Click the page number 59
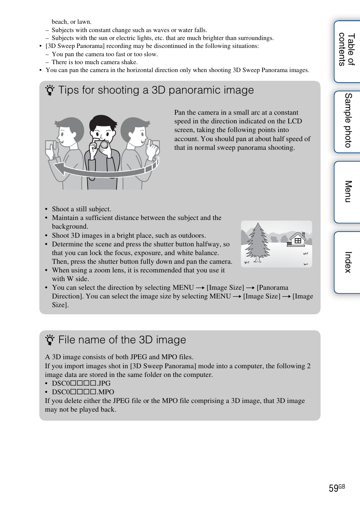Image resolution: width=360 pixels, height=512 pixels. point(333,489)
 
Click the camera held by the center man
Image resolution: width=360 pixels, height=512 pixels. point(102,145)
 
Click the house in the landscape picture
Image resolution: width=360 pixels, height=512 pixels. point(297,240)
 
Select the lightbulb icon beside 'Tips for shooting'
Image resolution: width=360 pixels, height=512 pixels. point(49,91)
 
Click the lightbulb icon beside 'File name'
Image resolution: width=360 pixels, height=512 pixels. point(49,340)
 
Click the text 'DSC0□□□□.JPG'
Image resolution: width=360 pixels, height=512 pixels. point(81,383)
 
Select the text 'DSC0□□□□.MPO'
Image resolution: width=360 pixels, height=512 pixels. point(83,392)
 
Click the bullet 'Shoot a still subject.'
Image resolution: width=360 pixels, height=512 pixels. point(81,209)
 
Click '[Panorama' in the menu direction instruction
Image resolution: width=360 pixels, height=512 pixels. point(272,288)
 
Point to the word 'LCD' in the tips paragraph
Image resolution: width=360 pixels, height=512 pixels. point(294,121)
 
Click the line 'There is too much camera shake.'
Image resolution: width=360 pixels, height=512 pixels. point(94,62)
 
